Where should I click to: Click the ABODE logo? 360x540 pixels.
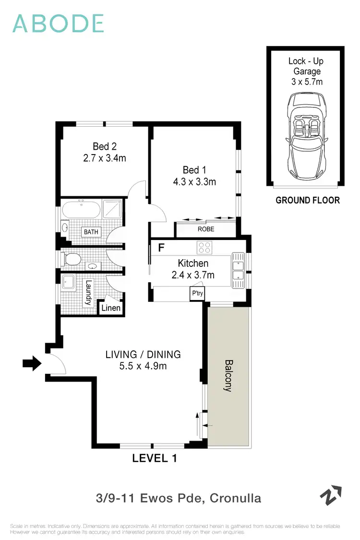click(x=58, y=24)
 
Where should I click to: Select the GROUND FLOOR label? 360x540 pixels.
click(x=307, y=200)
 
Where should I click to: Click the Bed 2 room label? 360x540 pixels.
click(x=105, y=146)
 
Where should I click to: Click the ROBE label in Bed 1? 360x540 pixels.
click(x=205, y=229)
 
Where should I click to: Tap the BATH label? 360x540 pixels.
click(x=91, y=232)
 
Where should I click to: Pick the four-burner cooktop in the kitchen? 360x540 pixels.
click(x=204, y=248)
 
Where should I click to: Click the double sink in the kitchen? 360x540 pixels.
click(x=239, y=270)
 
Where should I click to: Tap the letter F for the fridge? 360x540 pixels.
click(x=161, y=248)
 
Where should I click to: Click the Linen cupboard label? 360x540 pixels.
click(x=110, y=308)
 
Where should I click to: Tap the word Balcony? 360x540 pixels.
click(x=228, y=376)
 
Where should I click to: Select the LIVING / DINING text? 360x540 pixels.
click(x=143, y=355)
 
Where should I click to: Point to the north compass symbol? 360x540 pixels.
click(x=331, y=496)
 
